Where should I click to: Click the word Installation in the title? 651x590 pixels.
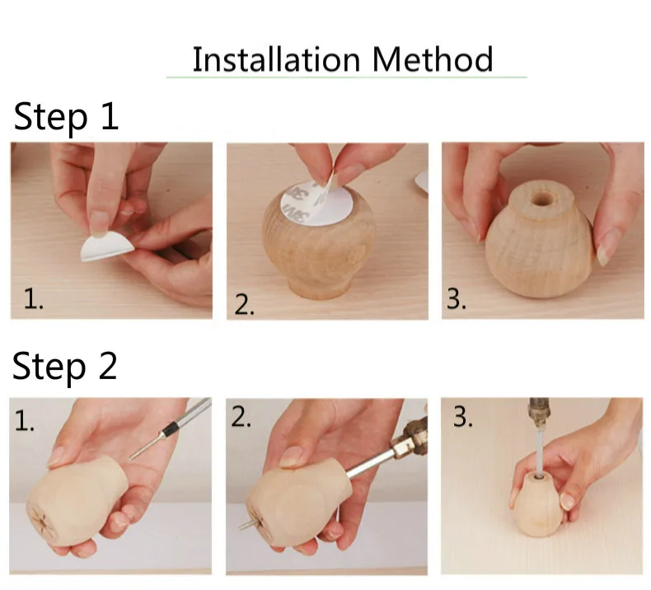click(x=276, y=59)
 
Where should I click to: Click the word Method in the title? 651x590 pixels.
click(x=433, y=59)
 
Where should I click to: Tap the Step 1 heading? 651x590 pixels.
click(x=66, y=117)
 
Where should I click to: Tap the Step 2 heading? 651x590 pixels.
click(x=65, y=367)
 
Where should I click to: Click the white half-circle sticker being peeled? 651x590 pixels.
click(x=106, y=246)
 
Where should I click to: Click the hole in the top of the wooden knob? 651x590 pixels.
click(x=541, y=199)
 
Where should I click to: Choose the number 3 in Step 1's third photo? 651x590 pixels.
click(x=457, y=298)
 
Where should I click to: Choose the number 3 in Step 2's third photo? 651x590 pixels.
click(x=463, y=417)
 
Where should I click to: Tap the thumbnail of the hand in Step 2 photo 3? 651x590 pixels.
click(x=567, y=501)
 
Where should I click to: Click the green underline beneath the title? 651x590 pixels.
click(x=347, y=77)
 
